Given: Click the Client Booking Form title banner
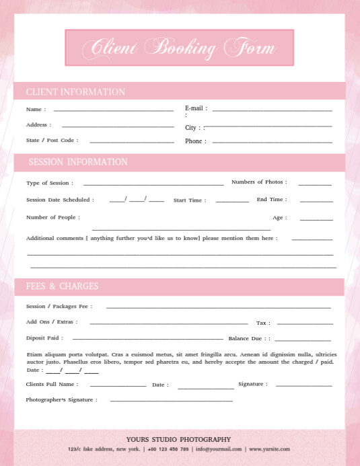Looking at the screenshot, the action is [179, 48].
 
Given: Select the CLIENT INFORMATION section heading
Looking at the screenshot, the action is [75, 92].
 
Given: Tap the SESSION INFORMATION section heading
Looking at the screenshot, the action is [78, 162].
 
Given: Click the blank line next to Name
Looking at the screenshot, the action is [113, 110].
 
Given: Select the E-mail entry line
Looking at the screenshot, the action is [272, 110].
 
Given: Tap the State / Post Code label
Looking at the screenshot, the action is [52, 141].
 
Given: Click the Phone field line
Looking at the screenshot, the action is [272, 142].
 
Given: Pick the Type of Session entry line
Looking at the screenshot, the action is [153, 184].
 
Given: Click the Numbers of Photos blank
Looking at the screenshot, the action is [315, 184].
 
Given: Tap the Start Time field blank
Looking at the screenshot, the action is [232, 201].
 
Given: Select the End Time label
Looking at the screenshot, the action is [271, 200].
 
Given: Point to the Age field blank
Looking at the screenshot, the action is [316, 219].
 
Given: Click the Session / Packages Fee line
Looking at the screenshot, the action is [218, 307].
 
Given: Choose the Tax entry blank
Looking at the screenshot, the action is [304, 324].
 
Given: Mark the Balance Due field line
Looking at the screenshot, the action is [302, 340].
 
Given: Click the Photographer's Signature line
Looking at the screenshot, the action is [171, 401].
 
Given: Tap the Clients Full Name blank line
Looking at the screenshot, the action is [118, 386].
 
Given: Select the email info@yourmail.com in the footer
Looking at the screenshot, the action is [219, 449].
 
